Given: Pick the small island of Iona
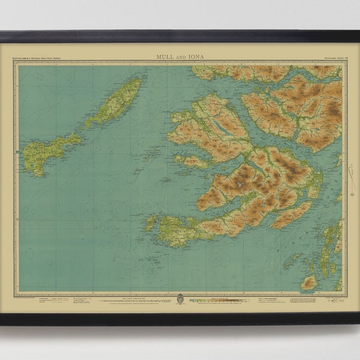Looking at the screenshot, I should coord(150,223).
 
